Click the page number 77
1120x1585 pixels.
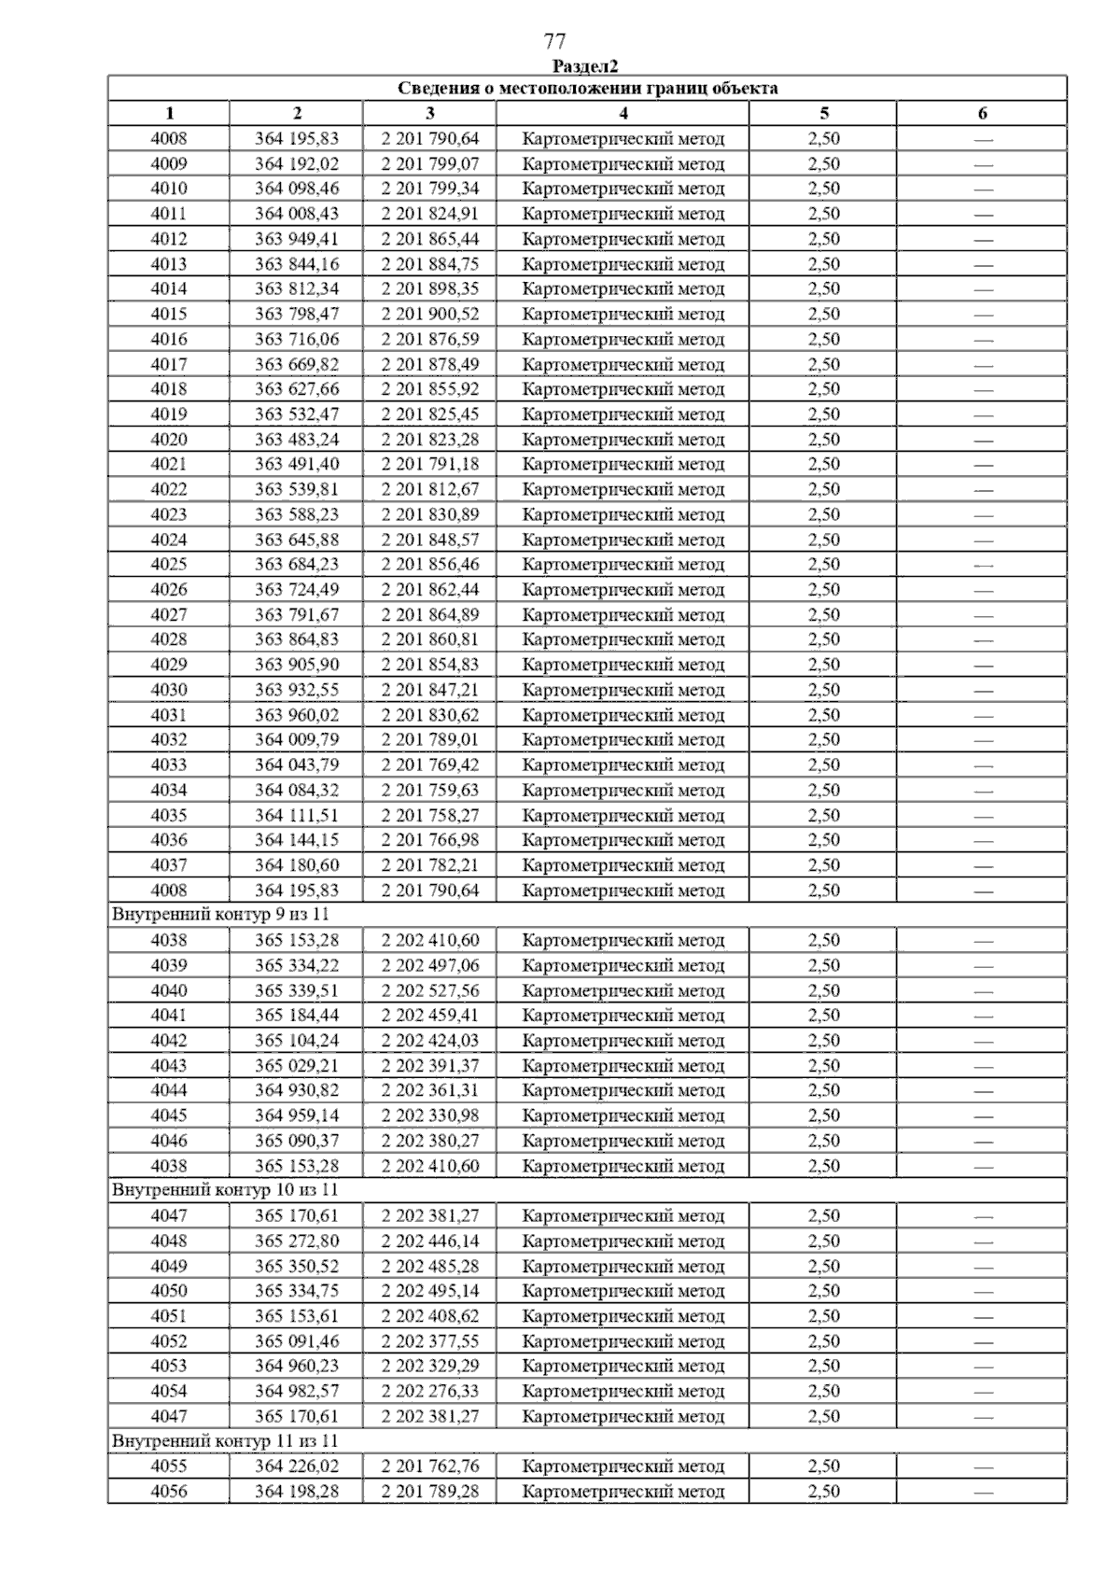(554, 41)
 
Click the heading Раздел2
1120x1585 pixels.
(585, 66)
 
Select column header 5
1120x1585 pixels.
(823, 114)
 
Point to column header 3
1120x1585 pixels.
(429, 114)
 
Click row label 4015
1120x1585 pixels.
(168, 314)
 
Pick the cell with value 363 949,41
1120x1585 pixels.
(297, 239)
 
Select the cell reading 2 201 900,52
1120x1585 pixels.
(429, 314)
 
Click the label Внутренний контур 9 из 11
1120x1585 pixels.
(220, 915)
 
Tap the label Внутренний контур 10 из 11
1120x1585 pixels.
(224, 1190)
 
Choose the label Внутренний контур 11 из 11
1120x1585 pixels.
(224, 1441)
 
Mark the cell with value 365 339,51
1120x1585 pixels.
(297, 990)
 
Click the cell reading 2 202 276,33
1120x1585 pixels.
(429, 1391)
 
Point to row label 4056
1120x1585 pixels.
(168, 1492)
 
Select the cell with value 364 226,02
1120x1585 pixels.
(297, 1466)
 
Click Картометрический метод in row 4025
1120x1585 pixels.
(623, 564)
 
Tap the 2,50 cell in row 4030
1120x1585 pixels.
(823, 690)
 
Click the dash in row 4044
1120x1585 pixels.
(983, 1090)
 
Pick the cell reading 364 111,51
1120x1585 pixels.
(297, 815)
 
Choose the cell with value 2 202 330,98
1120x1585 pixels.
(429, 1115)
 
